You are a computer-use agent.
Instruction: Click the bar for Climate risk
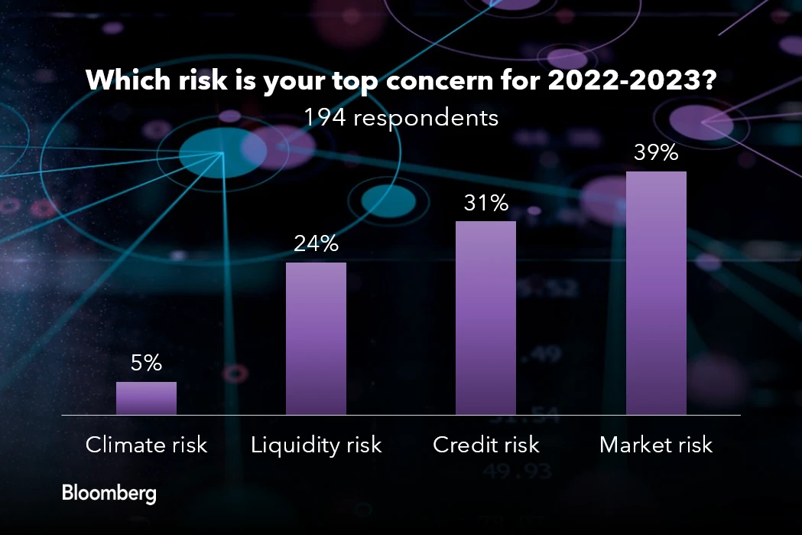pyautogui.click(x=146, y=398)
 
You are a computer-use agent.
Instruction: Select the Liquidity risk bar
pyautogui.click(x=316, y=338)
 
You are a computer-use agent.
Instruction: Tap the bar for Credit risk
pyautogui.click(x=485, y=318)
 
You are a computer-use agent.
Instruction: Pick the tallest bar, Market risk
pyautogui.click(x=656, y=292)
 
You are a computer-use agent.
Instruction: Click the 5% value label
pyautogui.click(x=146, y=364)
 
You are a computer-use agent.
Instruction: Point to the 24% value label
pyautogui.click(x=316, y=244)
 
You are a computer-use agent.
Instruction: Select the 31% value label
pyautogui.click(x=485, y=203)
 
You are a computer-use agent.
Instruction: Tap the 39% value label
pyautogui.click(x=656, y=153)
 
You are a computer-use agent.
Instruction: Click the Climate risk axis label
pyautogui.click(x=146, y=445)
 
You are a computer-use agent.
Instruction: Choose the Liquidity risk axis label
pyautogui.click(x=316, y=445)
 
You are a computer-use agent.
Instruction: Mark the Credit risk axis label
pyautogui.click(x=485, y=445)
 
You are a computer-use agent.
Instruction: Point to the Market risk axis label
pyautogui.click(x=656, y=445)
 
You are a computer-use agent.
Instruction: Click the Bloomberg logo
pyautogui.click(x=109, y=493)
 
